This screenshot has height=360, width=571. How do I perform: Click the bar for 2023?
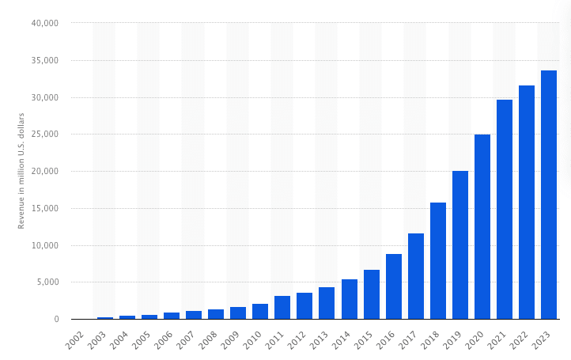pyautogui.click(x=549, y=195)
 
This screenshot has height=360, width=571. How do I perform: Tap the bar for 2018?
pyautogui.click(x=438, y=261)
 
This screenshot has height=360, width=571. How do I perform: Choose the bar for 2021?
pyautogui.click(x=505, y=210)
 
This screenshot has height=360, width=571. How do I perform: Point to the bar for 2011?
pyautogui.click(x=282, y=308)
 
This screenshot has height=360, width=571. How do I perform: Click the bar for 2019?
pyautogui.click(x=460, y=245)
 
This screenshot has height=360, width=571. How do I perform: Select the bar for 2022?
pyautogui.click(x=527, y=203)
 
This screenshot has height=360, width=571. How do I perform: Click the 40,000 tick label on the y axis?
pyautogui.click(x=45, y=24)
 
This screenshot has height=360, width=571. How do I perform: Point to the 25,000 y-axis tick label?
pyautogui.click(x=45, y=135)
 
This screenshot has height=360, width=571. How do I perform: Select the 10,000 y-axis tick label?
pyautogui.click(x=45, y=245)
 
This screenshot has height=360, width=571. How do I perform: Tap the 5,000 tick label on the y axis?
pyautogui.click(x=47, y=282)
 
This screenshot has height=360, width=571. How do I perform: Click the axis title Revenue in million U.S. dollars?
pyautogui.click(x=22, y=171)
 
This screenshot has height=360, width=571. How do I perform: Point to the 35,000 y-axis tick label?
pyautogui.click(x=45, y=61)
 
